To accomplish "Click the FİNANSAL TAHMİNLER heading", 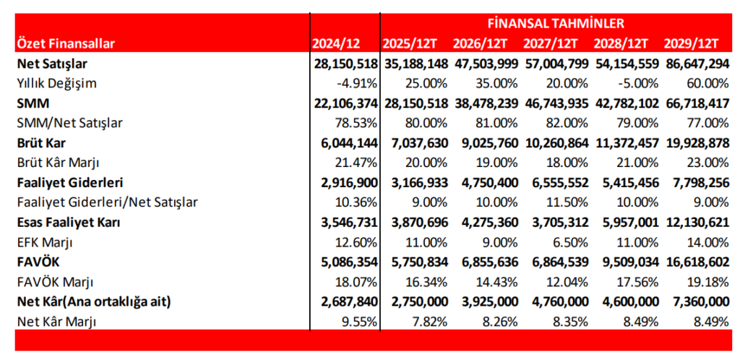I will coord(556,23).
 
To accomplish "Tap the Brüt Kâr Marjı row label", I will coord(59,162).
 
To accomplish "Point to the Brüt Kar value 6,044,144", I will coord(345,142).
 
